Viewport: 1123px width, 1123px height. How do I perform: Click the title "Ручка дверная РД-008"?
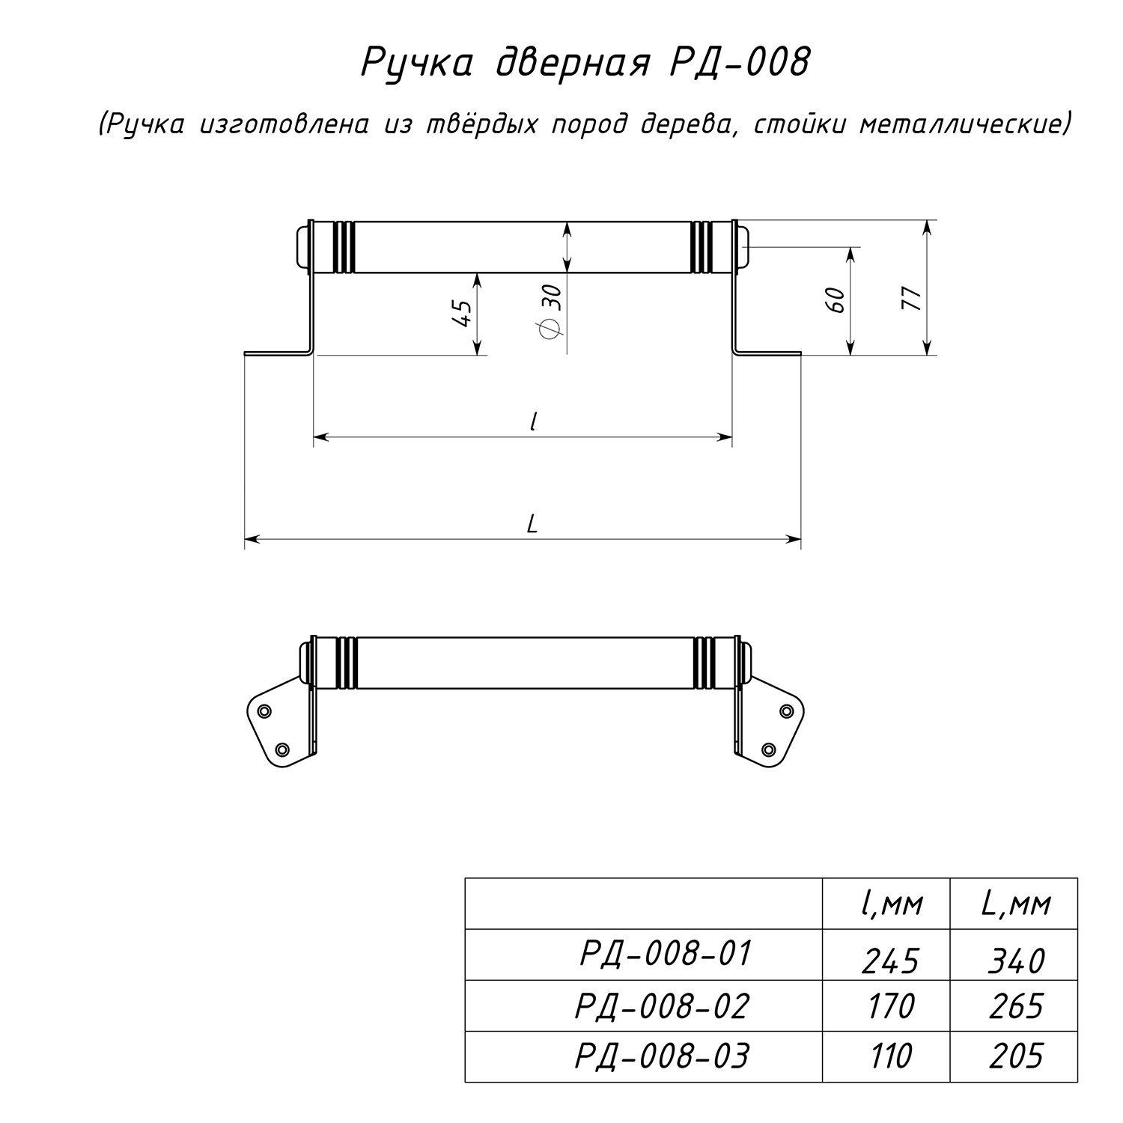585,62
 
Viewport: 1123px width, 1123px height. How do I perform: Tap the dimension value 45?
462,312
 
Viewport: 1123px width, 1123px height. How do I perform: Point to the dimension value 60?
838,300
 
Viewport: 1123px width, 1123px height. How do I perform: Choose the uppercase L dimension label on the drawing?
532,523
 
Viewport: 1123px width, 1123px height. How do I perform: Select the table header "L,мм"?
1016,904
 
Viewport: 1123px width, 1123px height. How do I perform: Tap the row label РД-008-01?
665,954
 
